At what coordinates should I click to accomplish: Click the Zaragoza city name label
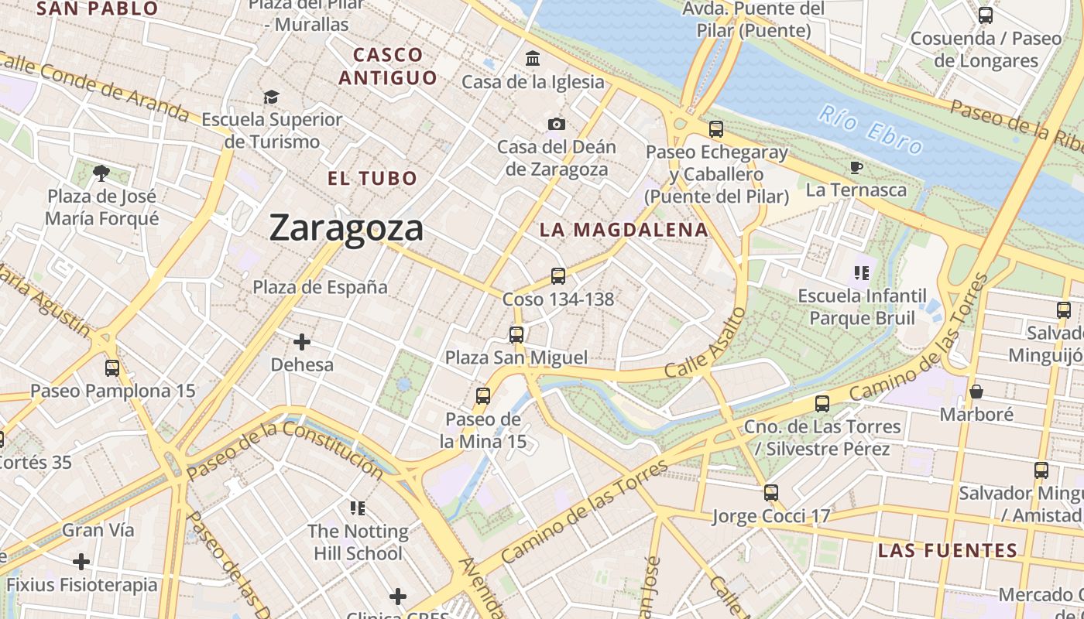(346, 227)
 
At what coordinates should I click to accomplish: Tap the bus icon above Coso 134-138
(557, 275)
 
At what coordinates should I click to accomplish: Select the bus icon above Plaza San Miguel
(516, 334)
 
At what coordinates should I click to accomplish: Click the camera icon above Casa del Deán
(556, 124)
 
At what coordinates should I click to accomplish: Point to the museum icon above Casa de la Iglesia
(533, 59)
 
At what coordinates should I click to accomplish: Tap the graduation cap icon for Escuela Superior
(271, 97)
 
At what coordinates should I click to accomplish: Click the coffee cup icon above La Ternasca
(856, 167)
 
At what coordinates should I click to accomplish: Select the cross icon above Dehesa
(302, 341)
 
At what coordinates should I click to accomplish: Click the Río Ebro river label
(870, 129)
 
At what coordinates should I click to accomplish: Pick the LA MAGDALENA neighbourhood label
(624, 230)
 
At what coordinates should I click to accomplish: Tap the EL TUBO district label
(372, 179)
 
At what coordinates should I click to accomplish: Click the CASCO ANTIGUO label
(388, 66)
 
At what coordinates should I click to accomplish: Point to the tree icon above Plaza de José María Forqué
(101, 173)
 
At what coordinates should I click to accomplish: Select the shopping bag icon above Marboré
(976, 392)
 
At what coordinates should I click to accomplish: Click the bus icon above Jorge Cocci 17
(770, 492)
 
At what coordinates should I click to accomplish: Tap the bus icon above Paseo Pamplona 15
(112, 368)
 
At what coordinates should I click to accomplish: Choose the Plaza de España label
(320, 287)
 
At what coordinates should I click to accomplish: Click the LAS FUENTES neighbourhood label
(947, 551)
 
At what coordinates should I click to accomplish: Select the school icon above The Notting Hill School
(358, 508)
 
